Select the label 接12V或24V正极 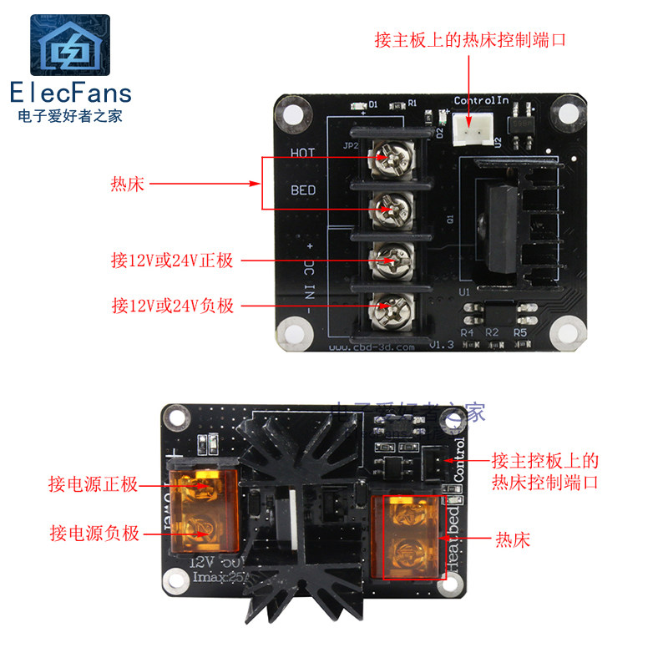(x=173, y=261)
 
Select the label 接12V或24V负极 (x=173, y=306)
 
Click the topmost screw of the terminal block (x=388, y=154)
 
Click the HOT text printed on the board (x=302, y=153)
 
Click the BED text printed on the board (x=303, y=190)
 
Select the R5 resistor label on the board (x=520, y=332)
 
